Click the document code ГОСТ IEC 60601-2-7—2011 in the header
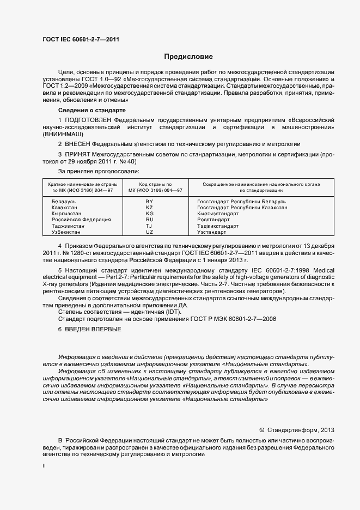pyautogui.click(x=81, y=39)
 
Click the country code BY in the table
pyautogui.click(x=150, y=202)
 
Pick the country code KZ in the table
pyautogui.click(x=150, y=208)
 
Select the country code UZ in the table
pyautogui.click(x=150, y=232)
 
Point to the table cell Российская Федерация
pyautogui.click(x=81, y=220)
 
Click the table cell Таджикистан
pyautogui.click(x=69, y=226)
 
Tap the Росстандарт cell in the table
pyautogui.click(x=214, y=220)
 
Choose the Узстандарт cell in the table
pyautogui.click(x=212, y=232)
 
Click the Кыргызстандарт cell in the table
pyautogui.click(x=218, y=214)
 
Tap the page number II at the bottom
pyautogui.click(x=44, y=467)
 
